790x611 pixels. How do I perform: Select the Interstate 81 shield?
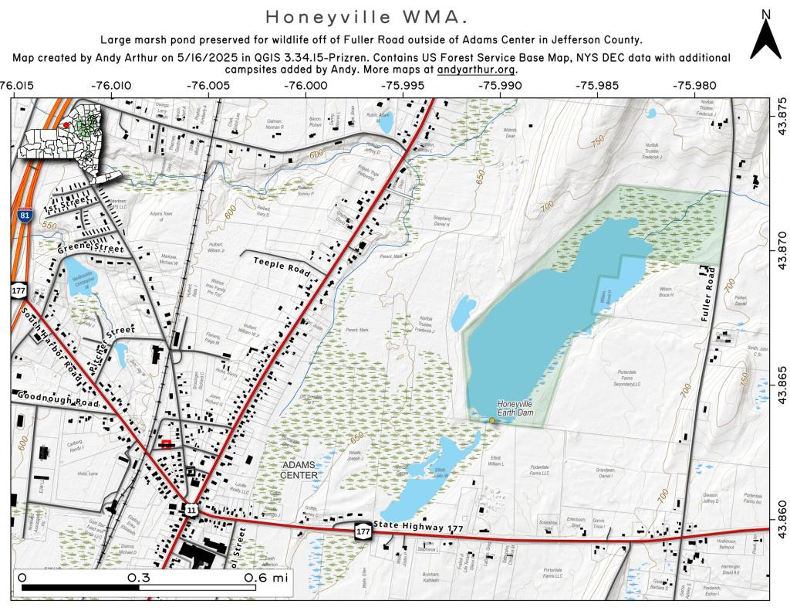[x=25, y=216]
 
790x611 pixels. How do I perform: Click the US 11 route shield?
[x=191, y=509]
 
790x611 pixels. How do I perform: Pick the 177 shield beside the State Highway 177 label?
[x=362, y=531]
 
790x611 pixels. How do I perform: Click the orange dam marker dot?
[x=492, y=420]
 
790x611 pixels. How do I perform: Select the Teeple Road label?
[x=282, y=266]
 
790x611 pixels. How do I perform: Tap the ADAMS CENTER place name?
[x=299, y=470]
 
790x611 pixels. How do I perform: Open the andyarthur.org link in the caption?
[x=476, y=69]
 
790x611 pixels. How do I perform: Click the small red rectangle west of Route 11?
[x=165, y=443]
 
